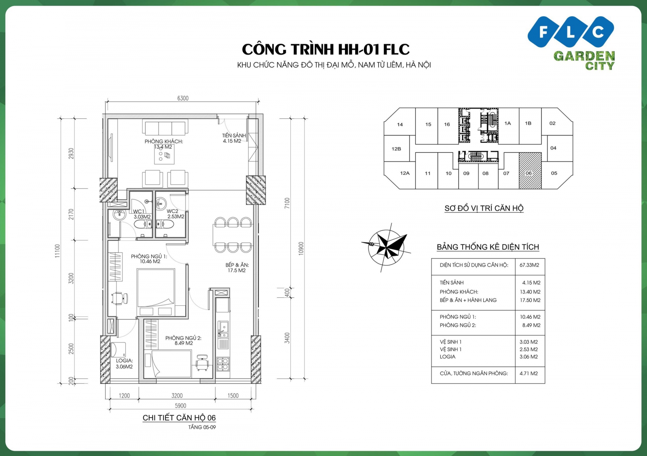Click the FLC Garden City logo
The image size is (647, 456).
click(x=571, y=42)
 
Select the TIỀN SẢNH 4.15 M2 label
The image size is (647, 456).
click(x=233, y=138)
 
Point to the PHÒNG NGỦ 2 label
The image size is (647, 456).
click(x=183, y=340)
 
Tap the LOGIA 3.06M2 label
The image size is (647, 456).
click(x=124, y=364)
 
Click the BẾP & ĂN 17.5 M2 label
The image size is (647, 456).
click(x=237, y=267)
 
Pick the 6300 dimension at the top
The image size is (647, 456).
click(x=183, y=98)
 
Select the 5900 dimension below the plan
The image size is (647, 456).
click(x=180, y=406)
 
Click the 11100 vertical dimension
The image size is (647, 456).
click(x=57, y=250)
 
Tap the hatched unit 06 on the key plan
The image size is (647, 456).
click(x=530, y=171)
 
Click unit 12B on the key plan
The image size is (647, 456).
click(x=396, y=149)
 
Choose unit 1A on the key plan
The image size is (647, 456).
click(x=507, y=123)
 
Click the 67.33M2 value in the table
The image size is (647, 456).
click(x=529, y=265)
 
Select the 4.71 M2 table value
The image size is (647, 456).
click(x=529, y=374)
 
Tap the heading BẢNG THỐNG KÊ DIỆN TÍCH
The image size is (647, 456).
click(x=488, y=247)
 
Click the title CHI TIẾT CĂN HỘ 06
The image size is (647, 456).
click(x=179, y=418)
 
